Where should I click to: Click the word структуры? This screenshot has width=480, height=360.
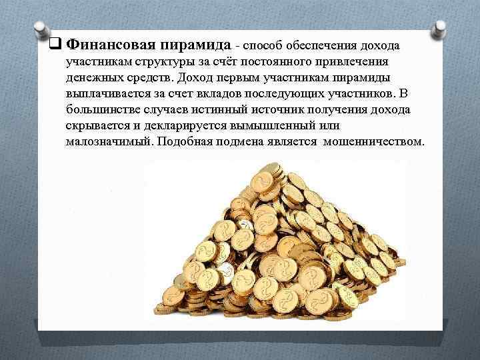coord(149,62)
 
